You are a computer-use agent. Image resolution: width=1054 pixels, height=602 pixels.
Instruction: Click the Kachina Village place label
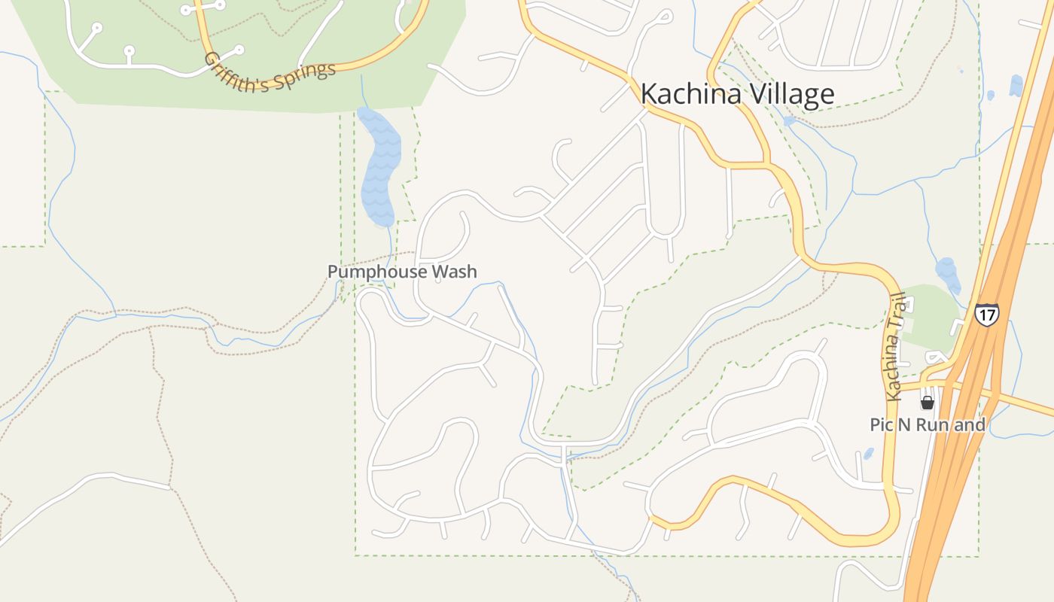click(737, 94)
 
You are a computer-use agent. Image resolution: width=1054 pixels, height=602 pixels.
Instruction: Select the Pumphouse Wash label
click(402, 272)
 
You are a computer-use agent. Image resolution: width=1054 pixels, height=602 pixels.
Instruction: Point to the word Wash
click(455, 272)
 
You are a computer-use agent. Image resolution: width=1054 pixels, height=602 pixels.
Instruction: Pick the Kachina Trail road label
click(895, 346)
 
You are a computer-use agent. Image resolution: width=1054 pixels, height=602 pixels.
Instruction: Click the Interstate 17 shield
click(986, 314)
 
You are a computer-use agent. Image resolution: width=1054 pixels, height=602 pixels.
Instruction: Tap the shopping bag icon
click(928, 403)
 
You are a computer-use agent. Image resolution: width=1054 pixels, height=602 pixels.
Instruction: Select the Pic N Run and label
click(928, 424)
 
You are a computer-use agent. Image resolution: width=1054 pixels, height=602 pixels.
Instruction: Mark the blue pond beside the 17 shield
click(948, 275)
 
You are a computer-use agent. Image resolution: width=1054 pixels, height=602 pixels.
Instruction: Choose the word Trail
click(897, 309)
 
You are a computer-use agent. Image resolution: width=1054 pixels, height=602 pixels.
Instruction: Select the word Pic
click(881, 424)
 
